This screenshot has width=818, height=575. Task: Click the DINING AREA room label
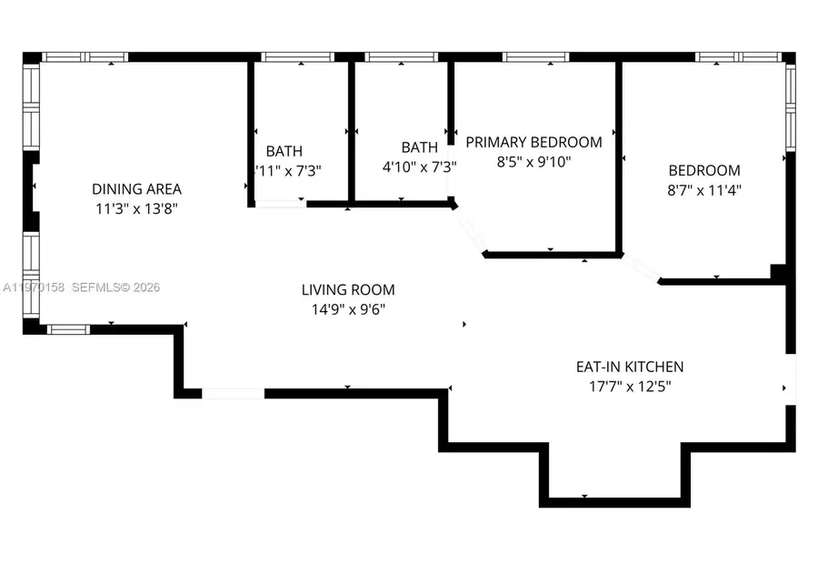(136, 189)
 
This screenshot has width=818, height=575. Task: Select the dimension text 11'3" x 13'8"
(136, 209)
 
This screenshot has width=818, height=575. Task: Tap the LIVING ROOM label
(348, 290)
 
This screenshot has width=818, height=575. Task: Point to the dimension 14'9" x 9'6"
(348, 309)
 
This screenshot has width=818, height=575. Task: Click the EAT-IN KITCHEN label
(629, 367)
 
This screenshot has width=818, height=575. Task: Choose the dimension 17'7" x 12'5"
(629, 386)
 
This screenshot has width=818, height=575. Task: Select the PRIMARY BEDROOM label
(534, 142)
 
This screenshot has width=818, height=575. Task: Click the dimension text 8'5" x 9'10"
(534, 162)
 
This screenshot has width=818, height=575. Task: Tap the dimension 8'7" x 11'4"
(704, 190)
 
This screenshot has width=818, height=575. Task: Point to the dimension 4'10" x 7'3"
(418, 167)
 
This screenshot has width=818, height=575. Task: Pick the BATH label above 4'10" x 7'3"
(419, 147)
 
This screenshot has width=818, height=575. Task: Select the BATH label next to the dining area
(284, 151)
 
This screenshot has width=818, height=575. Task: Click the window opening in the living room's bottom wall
(233, 394)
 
